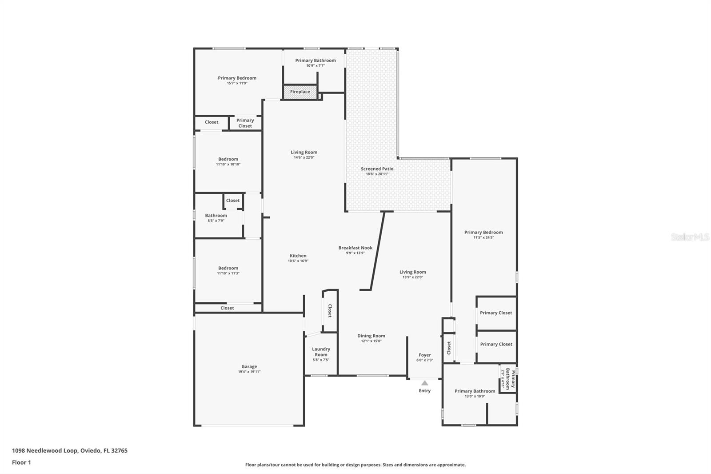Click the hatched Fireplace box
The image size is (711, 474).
[300, 92]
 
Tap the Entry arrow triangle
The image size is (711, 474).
[425, 383]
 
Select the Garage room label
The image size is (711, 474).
[249, 367]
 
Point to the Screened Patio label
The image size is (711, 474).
[377, 169]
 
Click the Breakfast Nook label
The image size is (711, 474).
[355, 248]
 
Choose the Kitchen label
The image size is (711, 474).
[298, 256]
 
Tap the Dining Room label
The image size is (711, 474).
[371, 336]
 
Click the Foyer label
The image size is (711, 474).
[425, 355]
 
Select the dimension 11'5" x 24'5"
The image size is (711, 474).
[483, 237]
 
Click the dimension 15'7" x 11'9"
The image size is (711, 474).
[237, 83]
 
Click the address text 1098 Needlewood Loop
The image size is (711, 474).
[69, 450]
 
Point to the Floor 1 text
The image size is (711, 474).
[21, 462]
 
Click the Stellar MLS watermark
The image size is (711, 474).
[690, 237]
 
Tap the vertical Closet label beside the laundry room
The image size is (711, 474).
[330, 311]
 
